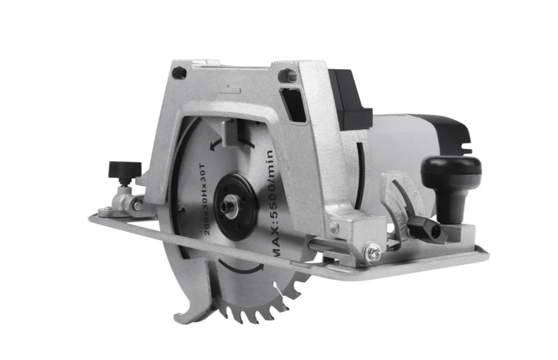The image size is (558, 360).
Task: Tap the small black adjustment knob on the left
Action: (125, 170)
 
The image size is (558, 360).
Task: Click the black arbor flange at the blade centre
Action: (235, 207)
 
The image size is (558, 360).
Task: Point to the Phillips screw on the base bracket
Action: (373, 253)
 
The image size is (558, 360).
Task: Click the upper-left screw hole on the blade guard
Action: (181, 73)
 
